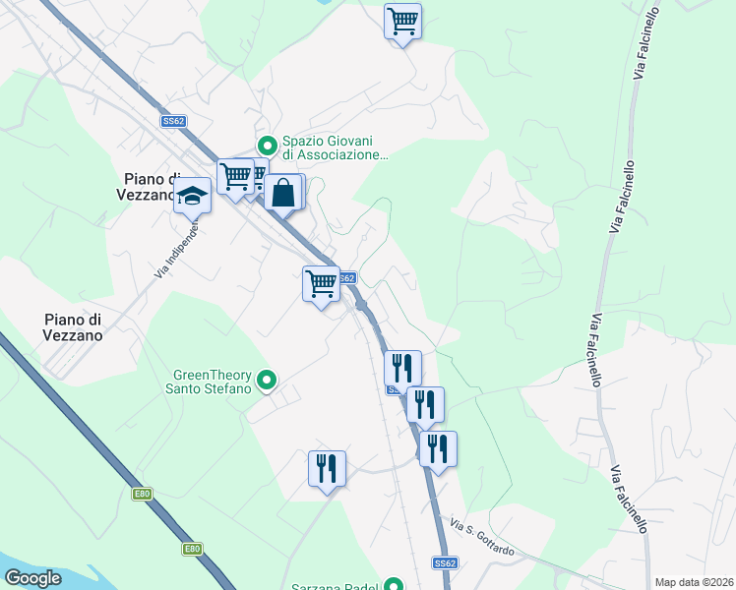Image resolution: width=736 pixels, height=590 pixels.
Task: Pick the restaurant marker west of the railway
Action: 328,468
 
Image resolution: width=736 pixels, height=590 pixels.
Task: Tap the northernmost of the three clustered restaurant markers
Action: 402,368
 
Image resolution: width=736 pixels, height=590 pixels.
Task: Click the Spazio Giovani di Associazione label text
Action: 336,147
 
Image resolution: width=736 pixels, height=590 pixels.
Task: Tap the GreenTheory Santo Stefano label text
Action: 212,381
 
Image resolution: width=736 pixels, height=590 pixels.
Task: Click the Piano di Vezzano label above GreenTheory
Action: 74,326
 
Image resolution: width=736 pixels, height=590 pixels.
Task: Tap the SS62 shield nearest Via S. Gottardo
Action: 445,563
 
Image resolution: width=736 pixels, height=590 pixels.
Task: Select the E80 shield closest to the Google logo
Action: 192,549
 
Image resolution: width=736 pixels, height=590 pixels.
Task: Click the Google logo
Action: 32,578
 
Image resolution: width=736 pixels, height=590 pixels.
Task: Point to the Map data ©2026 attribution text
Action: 693,581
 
